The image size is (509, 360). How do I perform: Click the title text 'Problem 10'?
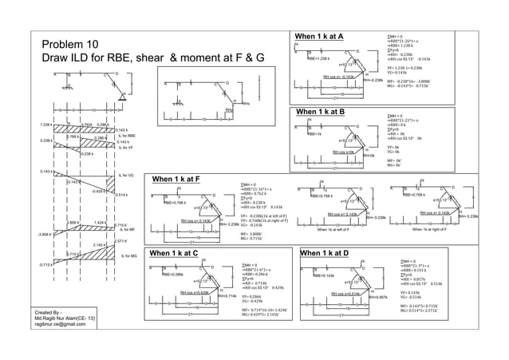coord(70,45)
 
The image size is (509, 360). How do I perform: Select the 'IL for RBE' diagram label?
coord(128,136)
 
